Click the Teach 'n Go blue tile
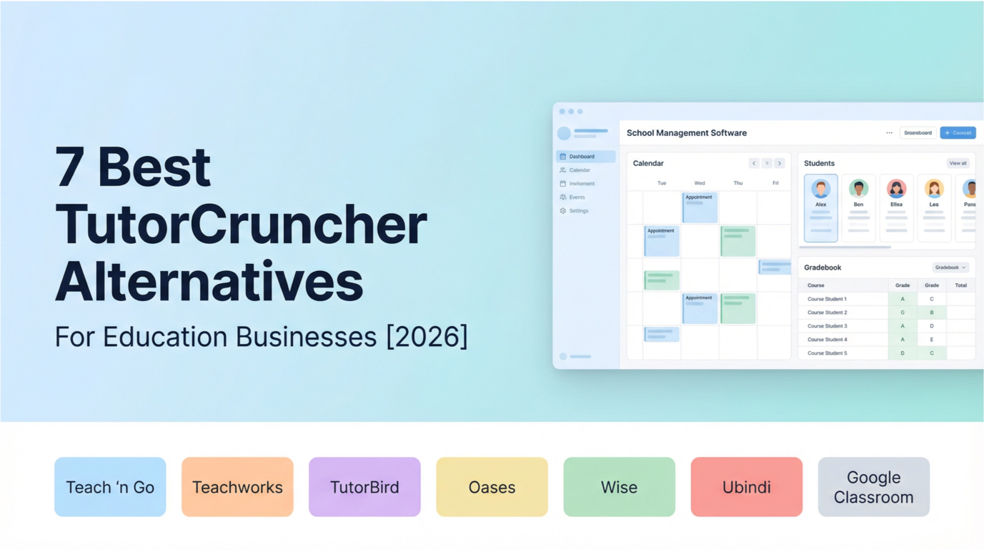pyautogui.click(x=110, y=487)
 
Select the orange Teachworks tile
pyautogui.click(x=237, y=487)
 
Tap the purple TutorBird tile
pyautogui.click(x=364, y=487)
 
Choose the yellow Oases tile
pyautogui.click(x=492, y=487)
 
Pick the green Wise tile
pyautogui.click(x=619, y=487)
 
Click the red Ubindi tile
pyautogui.click(x=746, y=487)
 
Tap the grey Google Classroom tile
pyautogui.click(x=873, y=487)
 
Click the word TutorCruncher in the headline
pyautogui.click(x=241, y=225)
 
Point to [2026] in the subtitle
pyautogui.click(x=427, y=337)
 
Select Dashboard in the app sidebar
pyautogui.click(x=582, y=157)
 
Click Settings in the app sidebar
pyautogui.click(x=579, y=211)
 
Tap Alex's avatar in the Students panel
pyautogui.click(x=820, y=189)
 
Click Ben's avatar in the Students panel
pyautogui.click(x=858, y=189)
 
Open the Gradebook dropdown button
pyautogui.click(x=950, y=267)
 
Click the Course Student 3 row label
pyautogui.click(x=827, y=326)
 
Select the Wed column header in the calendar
pyautogui.click(x=700, y=183)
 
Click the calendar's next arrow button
pyautogui.click(x=780, y=164)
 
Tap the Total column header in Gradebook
pyautogui.click(x=960, y=285)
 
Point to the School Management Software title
pyautogui.click(x=686, y=133)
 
